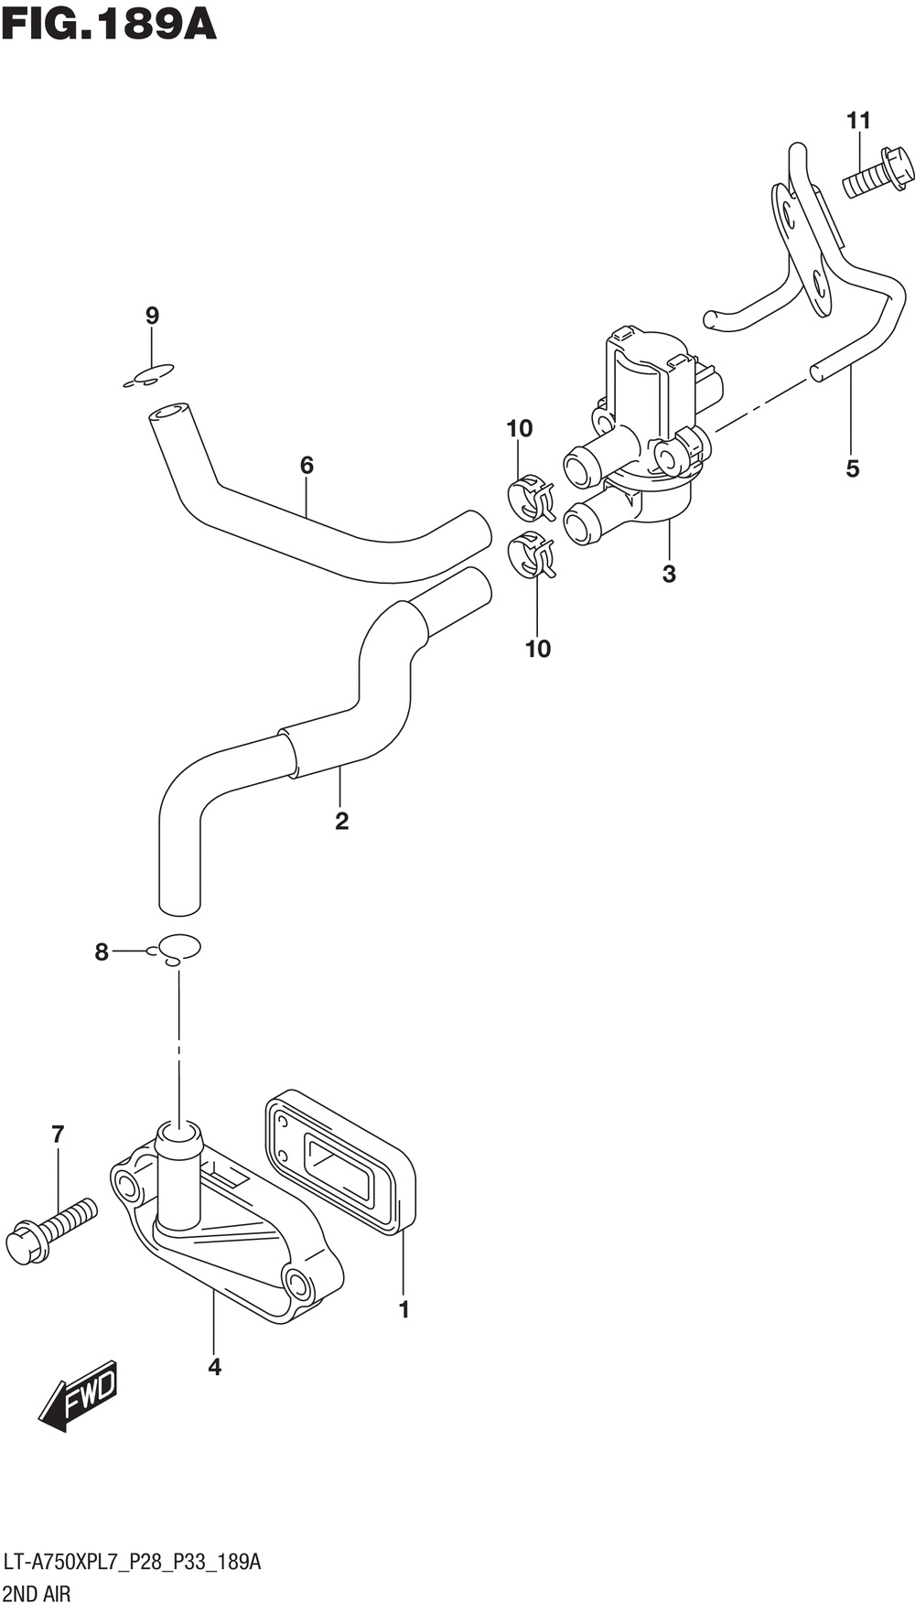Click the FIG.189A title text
click(109, 25)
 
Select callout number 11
click(857, 120)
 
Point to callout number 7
click(58, 1134)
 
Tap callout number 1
click(404, 1309)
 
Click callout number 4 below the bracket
click(214, 1367)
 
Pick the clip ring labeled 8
click(179, 948)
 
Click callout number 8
click(102, 952)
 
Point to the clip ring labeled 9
click(149, 375)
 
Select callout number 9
click(152, 316)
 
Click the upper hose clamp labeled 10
click(531, 497)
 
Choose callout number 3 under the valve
click(669, 574)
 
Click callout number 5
click(852, 468)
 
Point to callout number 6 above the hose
click(307, 465)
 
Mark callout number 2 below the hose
click(341, 821)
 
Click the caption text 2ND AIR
click(38, 1594)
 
